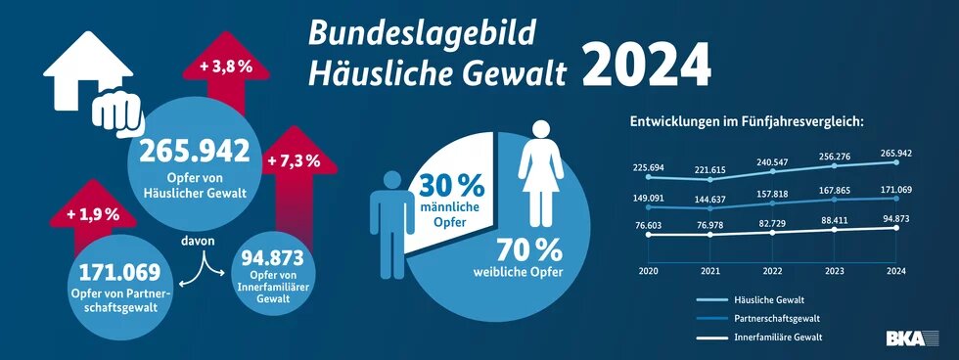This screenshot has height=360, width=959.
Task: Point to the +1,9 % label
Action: pyautogui.click(x=92, y=213)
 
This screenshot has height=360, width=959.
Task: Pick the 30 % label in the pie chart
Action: pyautogui.click(x=452, y=184)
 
